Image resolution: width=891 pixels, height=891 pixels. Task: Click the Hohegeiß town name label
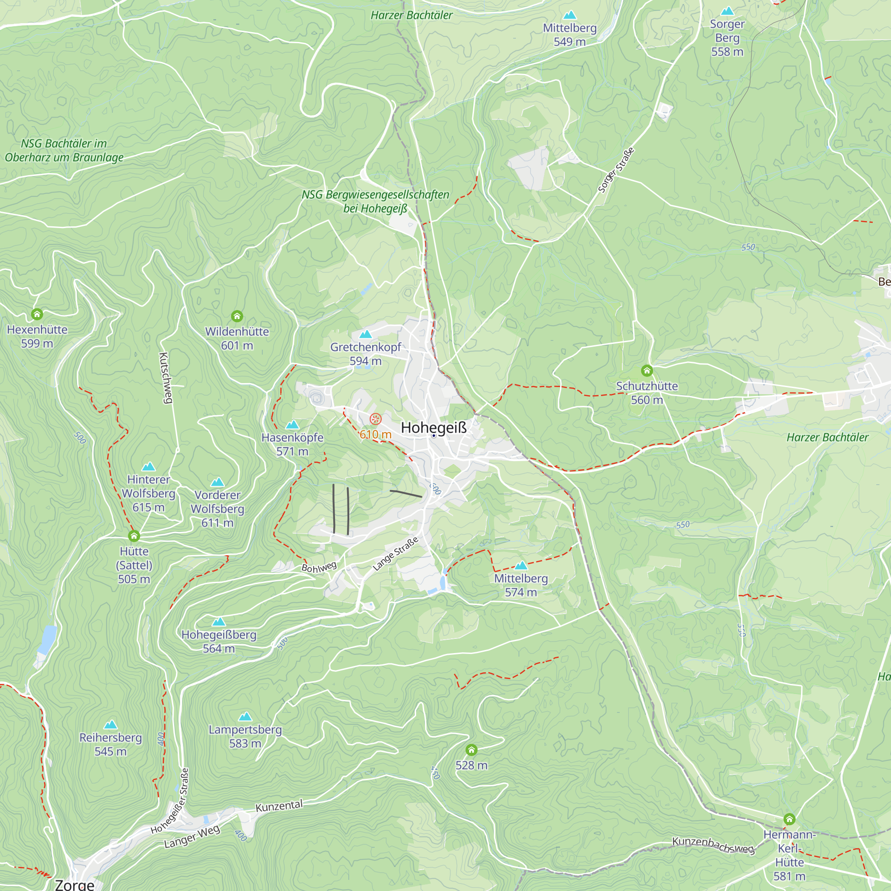433,428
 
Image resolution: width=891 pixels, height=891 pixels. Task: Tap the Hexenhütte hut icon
37,314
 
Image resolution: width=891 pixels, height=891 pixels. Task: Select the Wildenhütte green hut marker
237,316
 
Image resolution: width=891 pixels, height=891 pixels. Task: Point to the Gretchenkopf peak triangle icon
365,334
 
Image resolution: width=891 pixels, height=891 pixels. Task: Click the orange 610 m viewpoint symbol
376,419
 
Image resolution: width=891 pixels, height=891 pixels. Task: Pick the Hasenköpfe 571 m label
292,444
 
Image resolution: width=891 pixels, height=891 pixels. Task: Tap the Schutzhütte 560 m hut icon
646,370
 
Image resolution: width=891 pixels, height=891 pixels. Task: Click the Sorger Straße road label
616,170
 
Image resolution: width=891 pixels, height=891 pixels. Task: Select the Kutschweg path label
165,378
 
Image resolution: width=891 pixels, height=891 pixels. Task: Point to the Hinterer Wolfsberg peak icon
148,466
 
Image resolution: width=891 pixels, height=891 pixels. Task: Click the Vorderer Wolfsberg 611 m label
217,509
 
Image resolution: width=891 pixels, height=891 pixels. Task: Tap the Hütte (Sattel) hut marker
134,535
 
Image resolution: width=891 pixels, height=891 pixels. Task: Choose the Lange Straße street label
395,553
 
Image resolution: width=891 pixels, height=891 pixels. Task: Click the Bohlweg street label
319,567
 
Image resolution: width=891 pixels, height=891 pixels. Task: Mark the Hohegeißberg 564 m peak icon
219,621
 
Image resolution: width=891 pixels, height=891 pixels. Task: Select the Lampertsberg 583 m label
245,736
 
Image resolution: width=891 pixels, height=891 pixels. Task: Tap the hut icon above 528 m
471,749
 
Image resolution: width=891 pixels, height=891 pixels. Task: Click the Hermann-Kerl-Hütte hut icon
789,819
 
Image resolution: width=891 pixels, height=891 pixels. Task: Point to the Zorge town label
74,884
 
